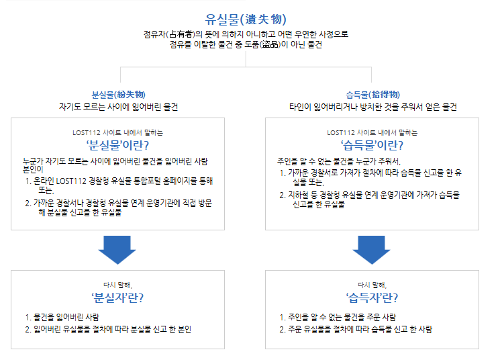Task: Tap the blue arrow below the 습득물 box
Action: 372,250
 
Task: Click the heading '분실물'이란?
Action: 117,144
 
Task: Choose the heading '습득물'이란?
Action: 372,144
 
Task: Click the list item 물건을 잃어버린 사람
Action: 66,316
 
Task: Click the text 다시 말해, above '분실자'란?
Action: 117,284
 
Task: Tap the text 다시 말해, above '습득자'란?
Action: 372,284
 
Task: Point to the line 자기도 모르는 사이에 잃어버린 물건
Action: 118,107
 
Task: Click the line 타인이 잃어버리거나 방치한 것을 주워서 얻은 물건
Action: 372,107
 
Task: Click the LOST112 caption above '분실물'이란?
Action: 117,132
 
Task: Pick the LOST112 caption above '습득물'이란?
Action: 372,132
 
